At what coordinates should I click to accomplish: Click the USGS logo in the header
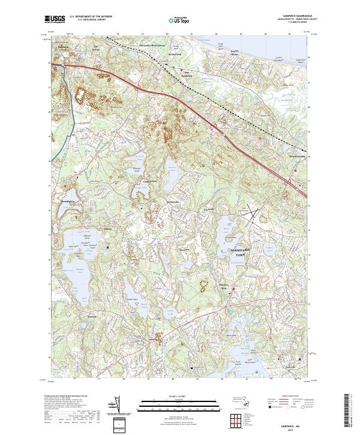(x=55, y=19)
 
